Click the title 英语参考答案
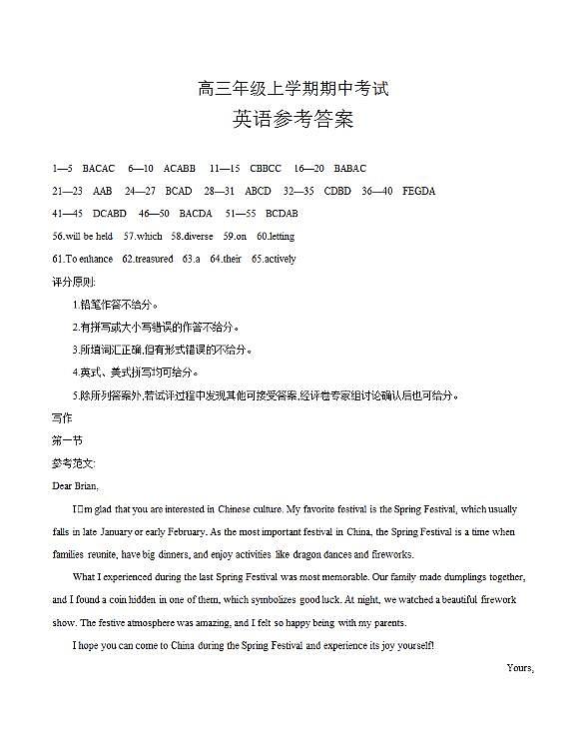click(293, 121)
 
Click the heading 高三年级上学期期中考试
click(293, 90)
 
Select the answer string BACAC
click(99, 168)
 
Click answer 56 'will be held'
click(82, 237)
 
